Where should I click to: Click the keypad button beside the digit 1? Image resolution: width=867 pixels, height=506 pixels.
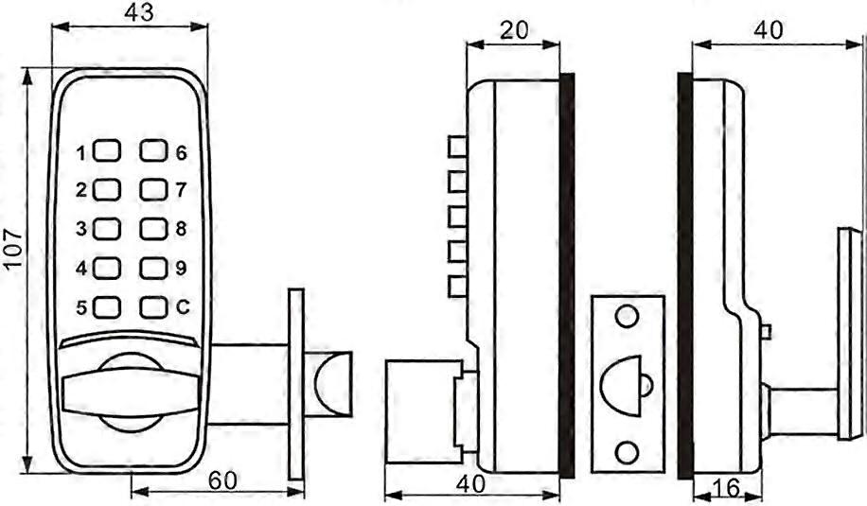coord(107,150)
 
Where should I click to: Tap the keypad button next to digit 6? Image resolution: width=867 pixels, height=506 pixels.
coord(153,150)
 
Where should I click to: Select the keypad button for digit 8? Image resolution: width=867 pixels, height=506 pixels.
coord(153,229)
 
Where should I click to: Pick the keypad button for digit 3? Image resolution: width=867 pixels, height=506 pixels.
coord(107,229)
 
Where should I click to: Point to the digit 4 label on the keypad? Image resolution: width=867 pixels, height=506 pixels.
coord(81,269)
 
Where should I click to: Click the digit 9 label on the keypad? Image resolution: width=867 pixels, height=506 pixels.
coord(181,268)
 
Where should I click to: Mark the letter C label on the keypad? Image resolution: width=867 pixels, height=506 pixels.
coord(183,306)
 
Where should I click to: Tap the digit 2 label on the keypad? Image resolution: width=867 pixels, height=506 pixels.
coord(81,190)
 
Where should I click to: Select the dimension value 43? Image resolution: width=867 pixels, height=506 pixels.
coord(139,12)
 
